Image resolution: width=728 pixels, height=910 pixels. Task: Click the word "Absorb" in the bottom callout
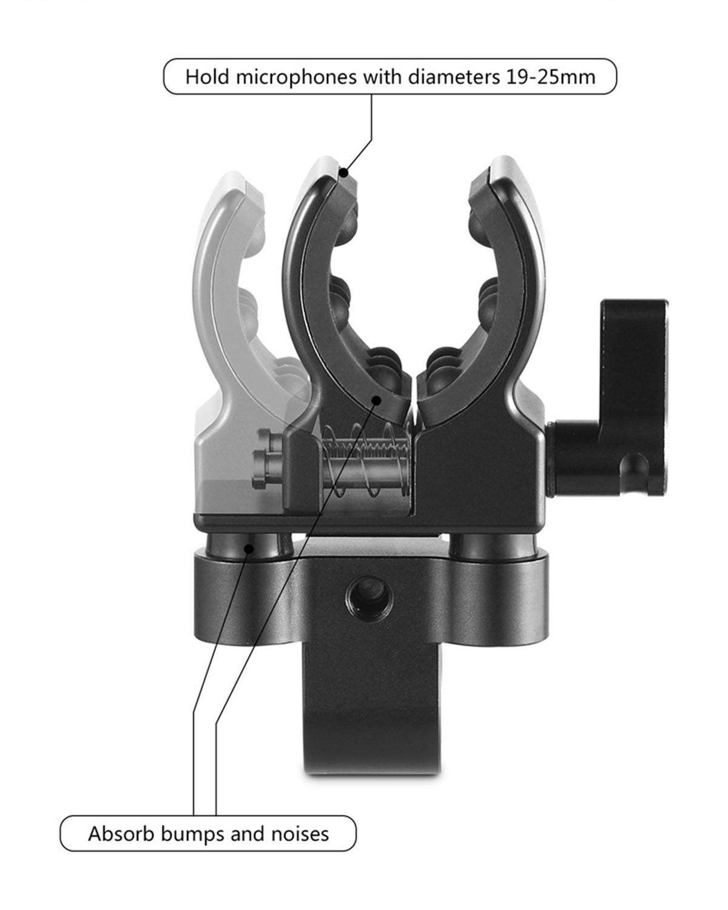pyautogui.click(x=121, y=834)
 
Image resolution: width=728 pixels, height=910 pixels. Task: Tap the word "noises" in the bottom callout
pyautogui.click(x=300, y=834)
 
